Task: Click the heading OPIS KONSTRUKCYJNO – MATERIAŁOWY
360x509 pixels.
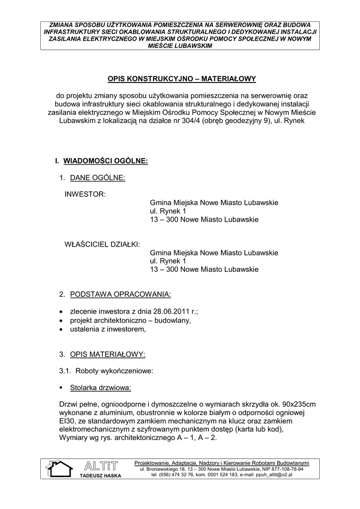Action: coord(181,79)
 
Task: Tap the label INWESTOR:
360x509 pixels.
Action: coord(85,194)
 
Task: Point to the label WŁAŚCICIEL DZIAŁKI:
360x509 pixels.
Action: coord(102,244)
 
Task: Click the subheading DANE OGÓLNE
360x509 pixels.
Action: coord(97,177)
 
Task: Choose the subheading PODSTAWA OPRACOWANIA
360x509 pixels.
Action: coord(120,294)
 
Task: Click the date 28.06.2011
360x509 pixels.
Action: coord(169,311)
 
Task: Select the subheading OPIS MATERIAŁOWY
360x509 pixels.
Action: coord(107,354)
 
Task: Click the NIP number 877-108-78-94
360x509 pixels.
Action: coord(282,469)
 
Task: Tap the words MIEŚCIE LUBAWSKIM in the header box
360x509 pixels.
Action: coord(180,45)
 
